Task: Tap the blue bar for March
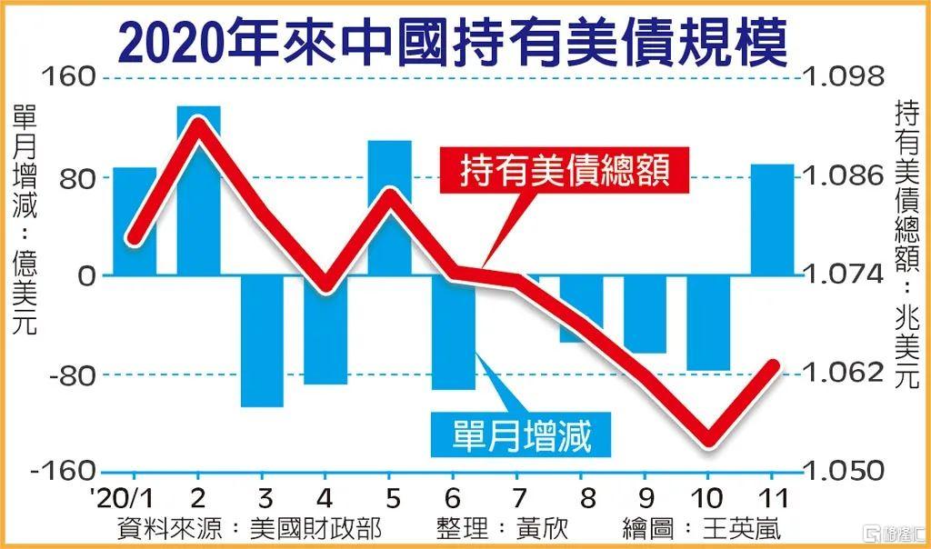pos(262,341)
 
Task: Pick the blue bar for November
pos(772,219)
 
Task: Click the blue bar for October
pos(708,323)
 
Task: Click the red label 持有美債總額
pos(566,170)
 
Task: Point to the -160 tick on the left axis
pos(64,473)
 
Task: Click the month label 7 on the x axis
pos(516,498)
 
